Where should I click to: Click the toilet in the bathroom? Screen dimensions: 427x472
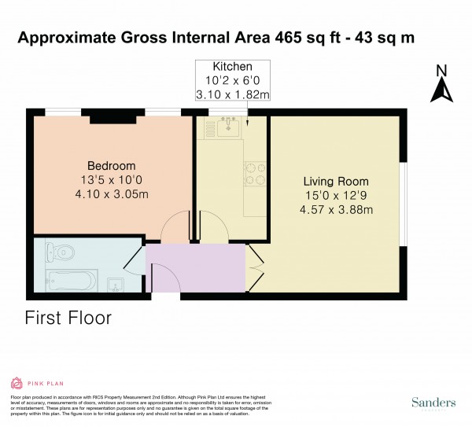coord(60,253)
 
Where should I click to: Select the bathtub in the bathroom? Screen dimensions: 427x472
coord(71,280)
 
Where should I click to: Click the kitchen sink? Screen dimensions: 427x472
coord(230,125)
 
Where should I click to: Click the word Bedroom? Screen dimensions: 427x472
coord(111,166)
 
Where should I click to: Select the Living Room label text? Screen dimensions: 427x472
coord(336,181)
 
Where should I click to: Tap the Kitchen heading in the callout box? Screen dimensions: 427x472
coord(231,66)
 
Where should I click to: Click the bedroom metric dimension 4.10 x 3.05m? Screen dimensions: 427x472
coord(111,194)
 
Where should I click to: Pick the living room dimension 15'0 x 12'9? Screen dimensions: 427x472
coord(336,195)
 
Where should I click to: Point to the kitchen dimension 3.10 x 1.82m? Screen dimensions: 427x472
coord(231,95)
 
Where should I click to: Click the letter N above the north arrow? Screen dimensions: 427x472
coord(441,70)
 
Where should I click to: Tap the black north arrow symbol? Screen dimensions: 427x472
coord(441,91)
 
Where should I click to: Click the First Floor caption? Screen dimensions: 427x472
coord(68,318)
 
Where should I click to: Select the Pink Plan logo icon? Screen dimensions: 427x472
coord(17,383)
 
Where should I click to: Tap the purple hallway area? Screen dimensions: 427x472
coord(197,267)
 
